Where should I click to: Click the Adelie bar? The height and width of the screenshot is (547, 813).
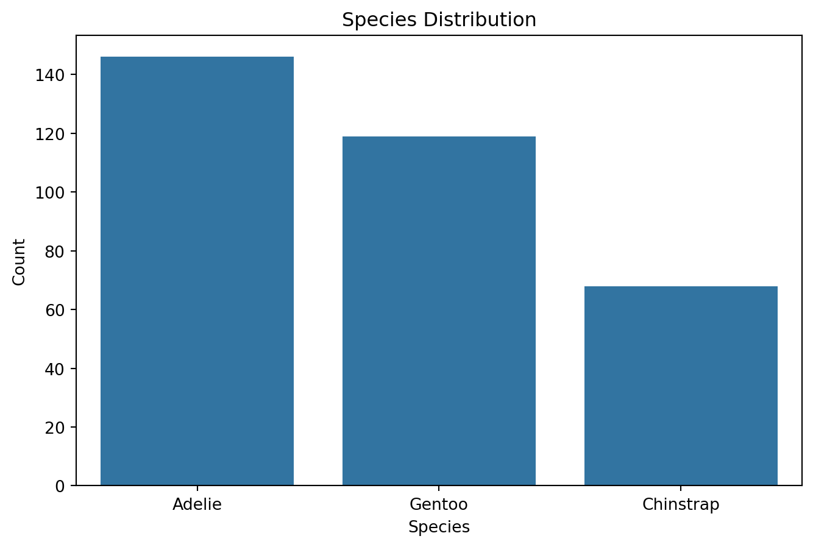[197, 271]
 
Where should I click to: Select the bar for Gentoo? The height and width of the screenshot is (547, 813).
[439, 311]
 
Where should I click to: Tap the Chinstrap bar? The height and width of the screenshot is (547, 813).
[681, 386]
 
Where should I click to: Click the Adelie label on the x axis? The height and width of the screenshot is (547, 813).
[197, 505]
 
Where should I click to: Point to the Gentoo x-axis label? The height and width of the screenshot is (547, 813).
[439, 505]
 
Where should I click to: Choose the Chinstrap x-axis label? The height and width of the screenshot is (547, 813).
[681, 505]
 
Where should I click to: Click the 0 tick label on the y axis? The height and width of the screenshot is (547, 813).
[60, 486]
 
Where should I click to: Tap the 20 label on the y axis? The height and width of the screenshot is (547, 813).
[56, 428]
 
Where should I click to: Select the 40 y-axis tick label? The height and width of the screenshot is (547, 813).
[56, 369]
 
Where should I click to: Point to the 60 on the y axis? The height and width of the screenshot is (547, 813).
[56, 310]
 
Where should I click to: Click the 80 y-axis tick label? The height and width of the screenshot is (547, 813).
[56, 251]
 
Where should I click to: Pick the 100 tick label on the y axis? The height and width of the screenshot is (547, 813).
[52, 192]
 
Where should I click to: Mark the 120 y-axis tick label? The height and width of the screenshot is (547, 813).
[52, 134]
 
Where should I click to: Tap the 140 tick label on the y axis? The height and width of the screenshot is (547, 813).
[52, 75]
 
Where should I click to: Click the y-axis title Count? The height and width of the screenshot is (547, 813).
[19, 261]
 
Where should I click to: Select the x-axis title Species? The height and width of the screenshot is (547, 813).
[439, 527]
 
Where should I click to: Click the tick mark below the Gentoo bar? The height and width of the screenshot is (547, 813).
[439, 488]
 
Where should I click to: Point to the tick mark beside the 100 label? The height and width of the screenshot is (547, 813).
[73, 192]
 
